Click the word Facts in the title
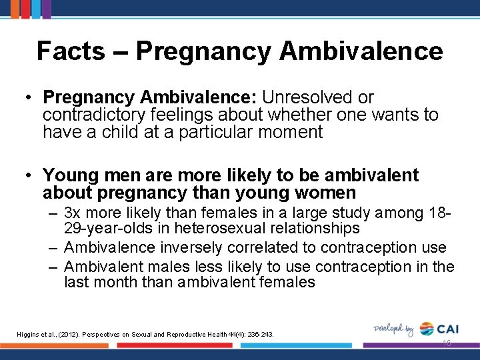(x=71, y=51)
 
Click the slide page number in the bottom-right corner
(x=446, y=343)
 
